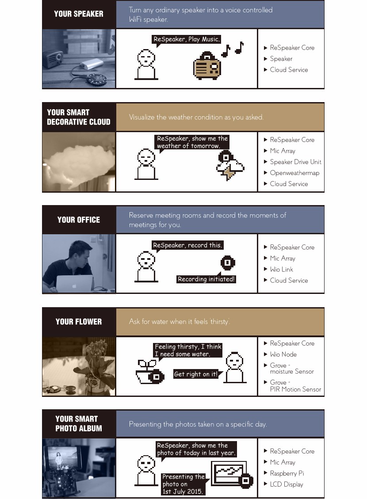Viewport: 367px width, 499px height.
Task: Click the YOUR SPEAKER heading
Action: pyautogui.click(x=79, y=14)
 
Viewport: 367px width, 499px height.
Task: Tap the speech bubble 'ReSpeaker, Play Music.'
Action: pyautogui.click(x=187, y=39)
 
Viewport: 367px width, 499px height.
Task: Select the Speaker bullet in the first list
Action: pyautogui.click(x=281, y=59)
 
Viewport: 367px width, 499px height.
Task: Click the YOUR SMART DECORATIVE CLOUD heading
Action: pyautogui.click(x=79, y=117)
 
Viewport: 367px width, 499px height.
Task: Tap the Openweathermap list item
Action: pyautogui.click(x=294, y=173)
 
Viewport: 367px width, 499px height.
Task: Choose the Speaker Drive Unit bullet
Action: pyautogui.click(x=296, y=162)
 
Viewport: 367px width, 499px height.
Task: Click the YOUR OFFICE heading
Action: pyautogui.click(x=79, y=220)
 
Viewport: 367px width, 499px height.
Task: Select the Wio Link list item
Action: pyautogui.click(x=281, y=270)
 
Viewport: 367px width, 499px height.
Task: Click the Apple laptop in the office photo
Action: pyautogui.click(x=75, y=284)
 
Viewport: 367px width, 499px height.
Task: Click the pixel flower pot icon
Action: pyautogui.click(x=149, y=372)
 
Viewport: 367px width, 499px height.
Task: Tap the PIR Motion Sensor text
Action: pyautogui.click(x=295, y=389)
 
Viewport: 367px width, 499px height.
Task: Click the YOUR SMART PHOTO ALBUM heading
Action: pyautogui.click(x=79, y=423)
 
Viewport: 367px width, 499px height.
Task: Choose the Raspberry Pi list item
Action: pyautogui.click(x=287, y=473)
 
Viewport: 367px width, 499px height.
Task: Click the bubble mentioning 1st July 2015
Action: pyautogui.click(x=183, y=484)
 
